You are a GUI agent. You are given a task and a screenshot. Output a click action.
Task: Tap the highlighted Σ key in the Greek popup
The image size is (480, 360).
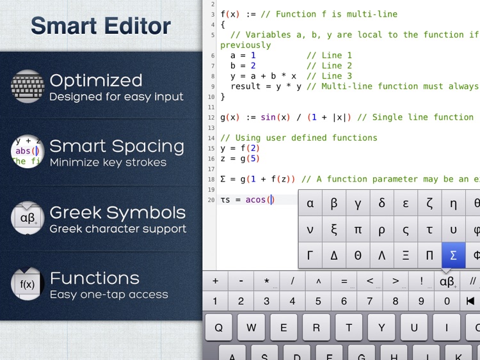pos(453,255)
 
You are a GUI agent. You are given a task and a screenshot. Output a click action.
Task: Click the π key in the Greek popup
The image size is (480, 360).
pos(358,230)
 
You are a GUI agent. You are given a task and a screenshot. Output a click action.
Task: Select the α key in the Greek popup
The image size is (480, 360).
pos(310,203)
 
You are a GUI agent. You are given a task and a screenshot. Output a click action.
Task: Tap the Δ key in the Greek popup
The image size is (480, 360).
pos(334,255)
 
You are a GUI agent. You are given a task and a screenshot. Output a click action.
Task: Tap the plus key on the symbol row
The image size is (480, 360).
pos(215,281)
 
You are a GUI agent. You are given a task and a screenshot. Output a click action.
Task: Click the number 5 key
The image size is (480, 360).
pos(318,301)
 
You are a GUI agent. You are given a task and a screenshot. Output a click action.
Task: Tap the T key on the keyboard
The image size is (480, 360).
pos(349,327)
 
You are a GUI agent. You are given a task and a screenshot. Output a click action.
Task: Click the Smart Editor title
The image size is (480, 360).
pos(100,26)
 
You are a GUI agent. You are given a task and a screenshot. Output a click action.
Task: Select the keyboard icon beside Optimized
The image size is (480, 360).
pos(27,86)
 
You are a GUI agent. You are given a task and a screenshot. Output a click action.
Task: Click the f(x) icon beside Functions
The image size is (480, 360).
pos(27,285)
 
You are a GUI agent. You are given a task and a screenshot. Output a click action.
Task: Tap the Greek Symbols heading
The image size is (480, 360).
pos(117,212)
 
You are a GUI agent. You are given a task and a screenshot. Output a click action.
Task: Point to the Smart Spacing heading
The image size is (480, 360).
pos(116,146)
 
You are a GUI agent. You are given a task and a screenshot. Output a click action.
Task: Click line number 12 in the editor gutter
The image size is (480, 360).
pos(211,118)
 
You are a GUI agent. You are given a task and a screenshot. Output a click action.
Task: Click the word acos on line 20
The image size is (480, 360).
pos(256,200)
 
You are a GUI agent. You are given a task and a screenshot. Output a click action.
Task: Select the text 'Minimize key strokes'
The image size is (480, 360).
pos(108,162)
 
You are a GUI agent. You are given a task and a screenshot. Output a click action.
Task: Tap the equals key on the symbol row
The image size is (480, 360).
pos(344,281)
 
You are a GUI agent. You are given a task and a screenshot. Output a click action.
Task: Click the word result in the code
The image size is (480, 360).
pos(246,86)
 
